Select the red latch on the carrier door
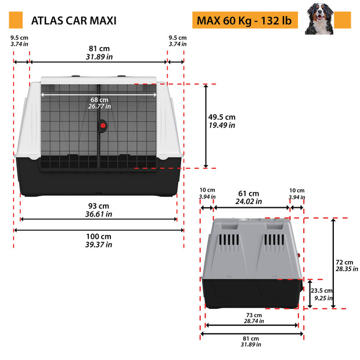[103, 125]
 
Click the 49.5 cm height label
[222, 117]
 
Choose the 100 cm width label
[99, 236]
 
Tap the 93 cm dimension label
[99, 206]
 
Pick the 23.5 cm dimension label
[321, 291]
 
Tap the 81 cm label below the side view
[251, 339]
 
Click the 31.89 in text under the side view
[251, 345]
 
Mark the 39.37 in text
[99, 244]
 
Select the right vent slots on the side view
[273, 240]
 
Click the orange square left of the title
[16, 20]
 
